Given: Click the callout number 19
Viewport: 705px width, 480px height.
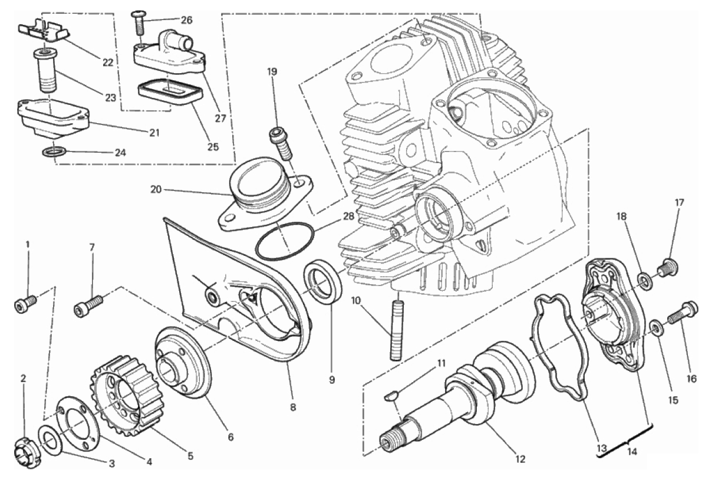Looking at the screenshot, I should coord(271,72).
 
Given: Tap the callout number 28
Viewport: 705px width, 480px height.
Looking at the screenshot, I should coord(348,216).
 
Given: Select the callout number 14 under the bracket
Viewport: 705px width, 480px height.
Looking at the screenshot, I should coord(632,453).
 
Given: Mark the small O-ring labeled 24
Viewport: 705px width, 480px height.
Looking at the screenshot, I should coord(54,153).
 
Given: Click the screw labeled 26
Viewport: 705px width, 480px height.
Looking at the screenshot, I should coord(139,24).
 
